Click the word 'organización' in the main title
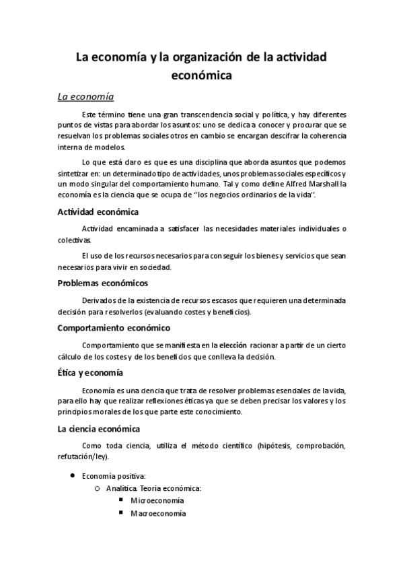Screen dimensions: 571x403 click(205, 58)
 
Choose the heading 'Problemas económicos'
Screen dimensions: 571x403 click(103, 283)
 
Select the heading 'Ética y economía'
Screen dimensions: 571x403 click(89, 372)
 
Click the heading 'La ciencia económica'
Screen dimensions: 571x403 click(98, 428)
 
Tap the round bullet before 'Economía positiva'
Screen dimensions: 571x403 click(71, 475)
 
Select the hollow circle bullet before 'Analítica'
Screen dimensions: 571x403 click(98, 488)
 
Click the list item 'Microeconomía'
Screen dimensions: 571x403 click(157, 500)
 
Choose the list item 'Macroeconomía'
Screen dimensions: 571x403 click(157, 513)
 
